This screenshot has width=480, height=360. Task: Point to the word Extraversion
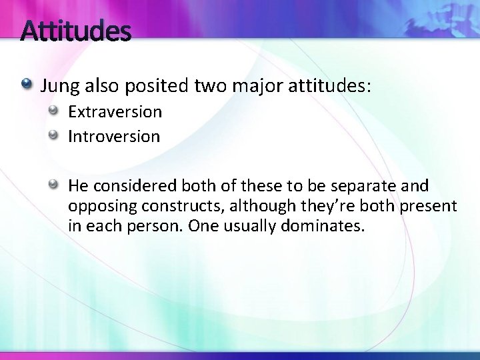click(115, 112)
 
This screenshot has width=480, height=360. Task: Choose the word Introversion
click(114, 137)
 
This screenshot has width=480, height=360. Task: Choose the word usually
click(250, 226)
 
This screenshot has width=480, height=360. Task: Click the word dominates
click(327, 226)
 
